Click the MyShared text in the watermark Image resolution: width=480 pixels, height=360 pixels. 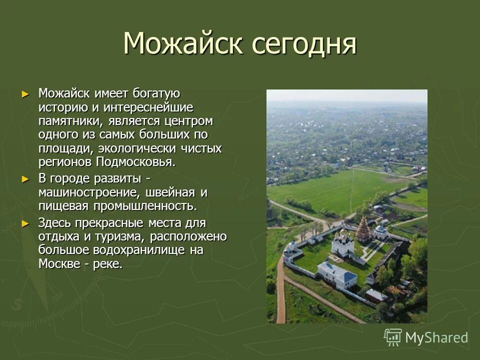tap(436, 337)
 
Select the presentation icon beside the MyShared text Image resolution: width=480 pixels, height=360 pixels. tap(393, 337)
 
